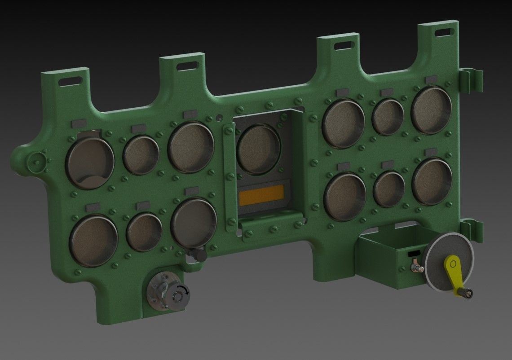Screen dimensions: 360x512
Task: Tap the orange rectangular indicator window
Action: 261,198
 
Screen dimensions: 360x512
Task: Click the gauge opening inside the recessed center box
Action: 258,149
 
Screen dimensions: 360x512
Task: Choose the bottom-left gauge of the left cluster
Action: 93,240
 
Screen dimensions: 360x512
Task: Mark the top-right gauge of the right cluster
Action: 431,110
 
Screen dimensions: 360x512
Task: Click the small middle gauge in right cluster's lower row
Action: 389,189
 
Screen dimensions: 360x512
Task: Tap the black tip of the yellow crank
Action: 467,294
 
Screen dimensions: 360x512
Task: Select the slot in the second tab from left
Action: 187,66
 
